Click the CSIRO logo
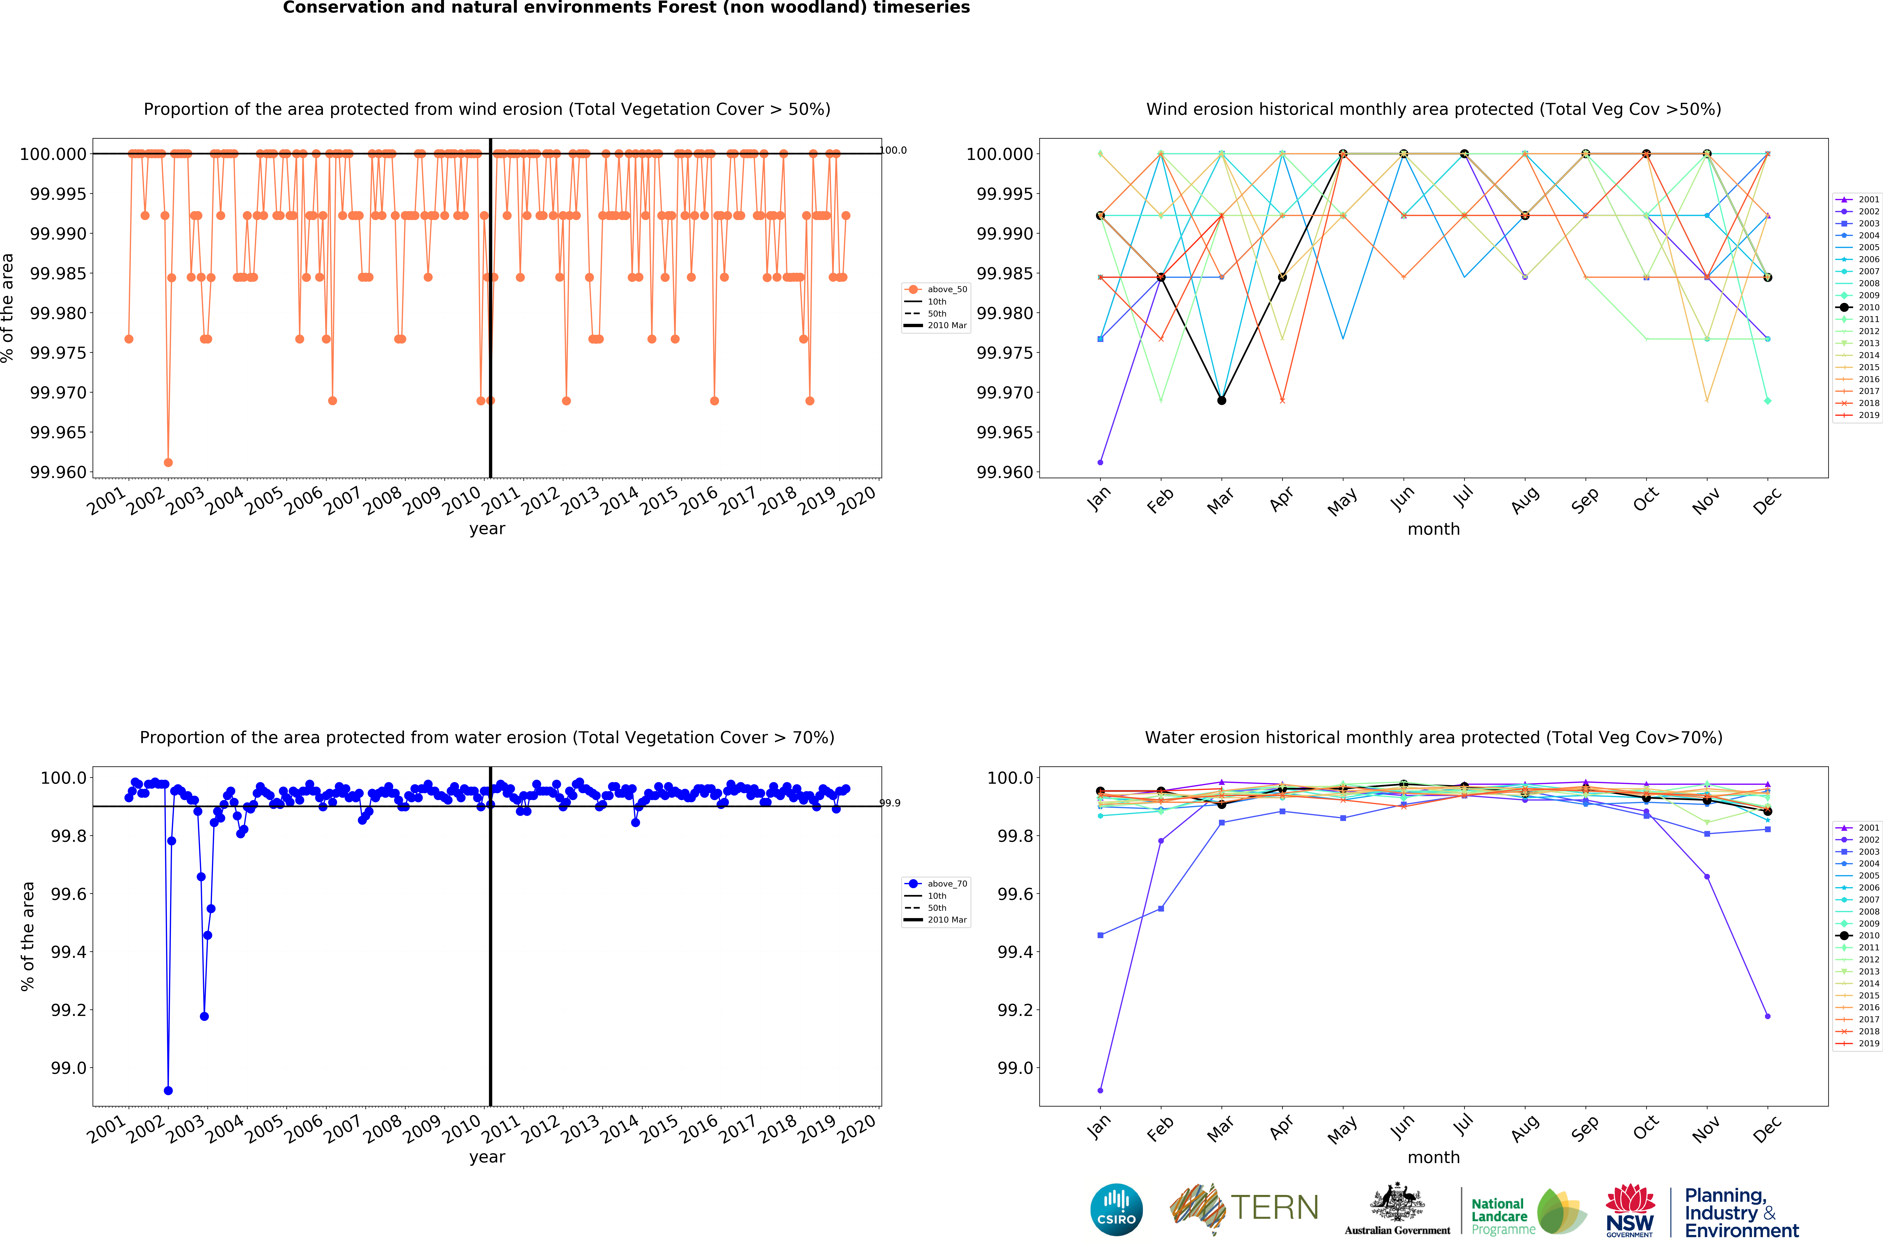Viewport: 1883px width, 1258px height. coord(1116,1210)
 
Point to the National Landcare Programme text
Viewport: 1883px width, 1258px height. coord(1499,1216)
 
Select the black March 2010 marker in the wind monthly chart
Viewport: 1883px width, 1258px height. coord(1222,400)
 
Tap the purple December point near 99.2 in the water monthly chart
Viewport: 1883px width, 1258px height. coord(1768,1017)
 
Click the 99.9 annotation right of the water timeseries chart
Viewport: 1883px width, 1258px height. coord(890,803)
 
